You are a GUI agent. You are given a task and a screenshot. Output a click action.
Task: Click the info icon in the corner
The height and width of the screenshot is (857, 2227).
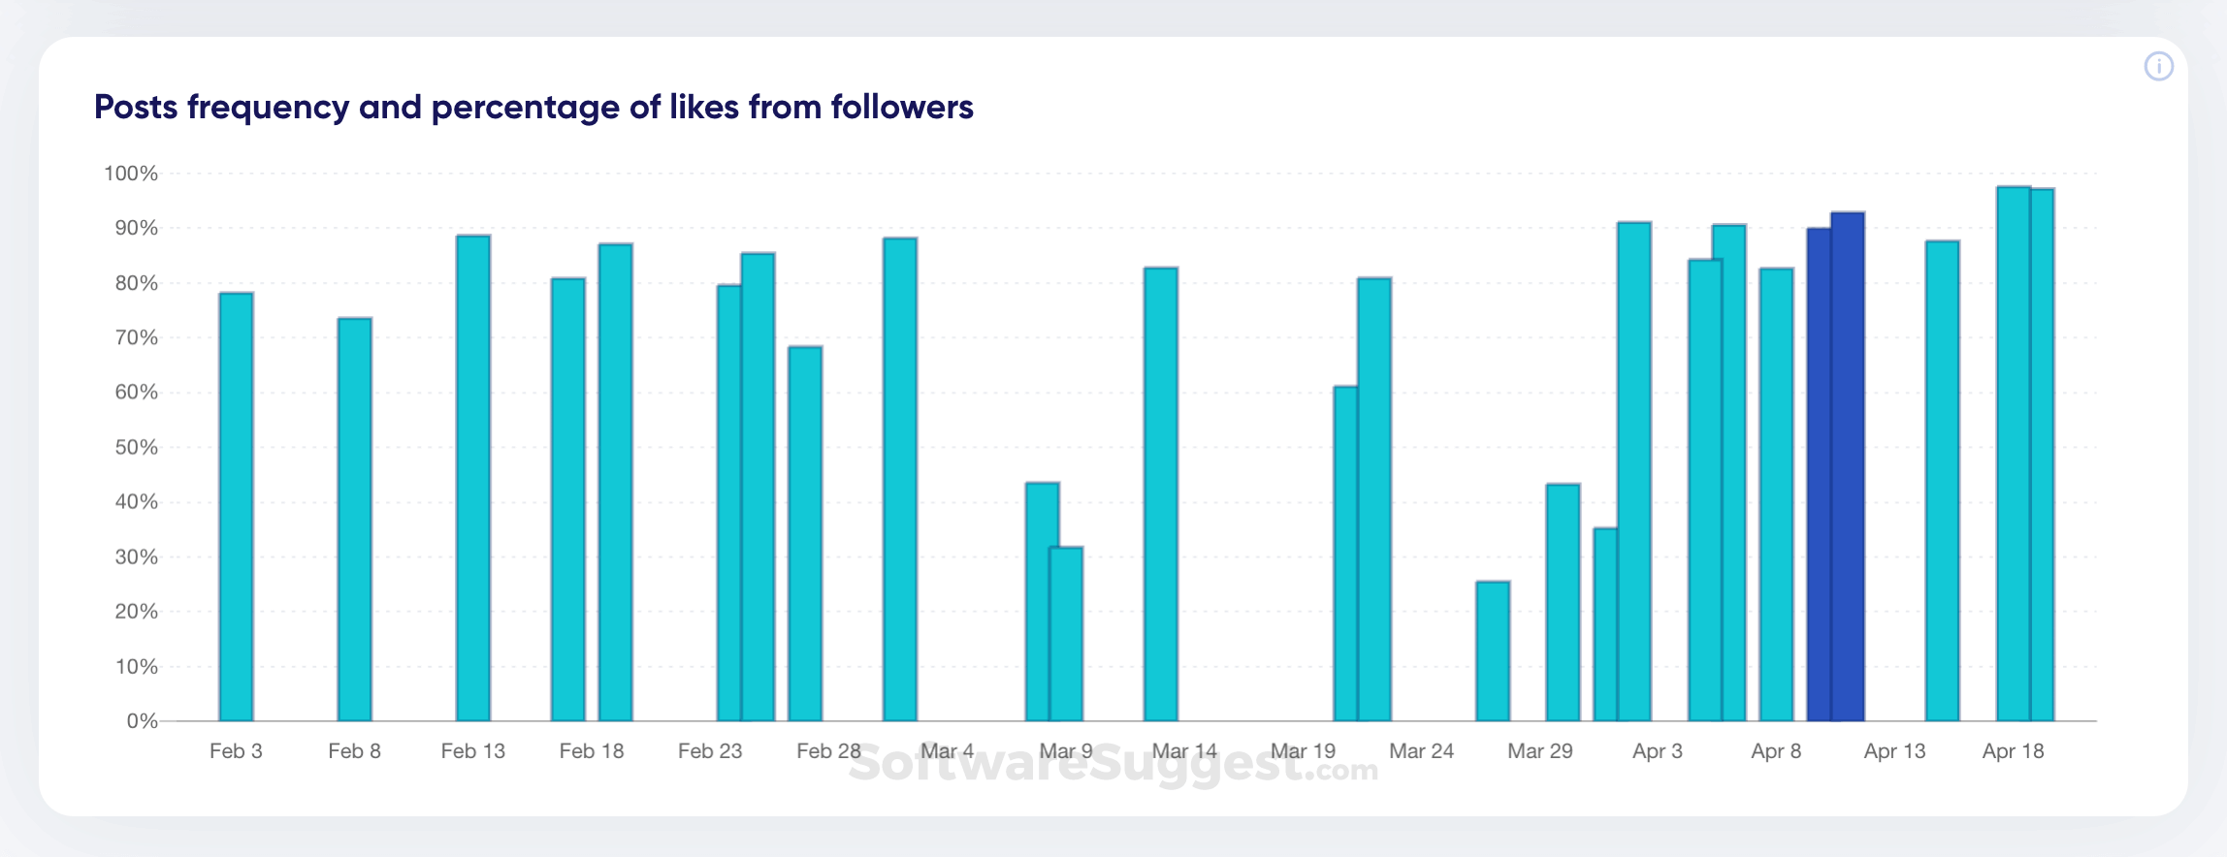coord(2158,67)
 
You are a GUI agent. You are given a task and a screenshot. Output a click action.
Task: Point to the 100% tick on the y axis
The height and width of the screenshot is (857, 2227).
coord(131,174)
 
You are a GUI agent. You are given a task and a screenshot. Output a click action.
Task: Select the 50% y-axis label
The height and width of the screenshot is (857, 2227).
coord(136,448)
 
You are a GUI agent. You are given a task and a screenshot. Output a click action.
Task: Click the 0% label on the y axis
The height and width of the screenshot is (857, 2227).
coord(142,721)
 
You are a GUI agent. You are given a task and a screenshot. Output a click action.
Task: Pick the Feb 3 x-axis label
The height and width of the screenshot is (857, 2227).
coord(236,751)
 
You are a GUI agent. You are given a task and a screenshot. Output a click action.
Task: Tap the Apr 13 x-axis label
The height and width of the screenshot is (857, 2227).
coord(1894,751)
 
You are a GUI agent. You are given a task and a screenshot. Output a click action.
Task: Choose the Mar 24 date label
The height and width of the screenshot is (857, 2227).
coord(1421,751)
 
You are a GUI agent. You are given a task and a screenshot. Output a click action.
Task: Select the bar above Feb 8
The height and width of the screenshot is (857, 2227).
coord(355,520)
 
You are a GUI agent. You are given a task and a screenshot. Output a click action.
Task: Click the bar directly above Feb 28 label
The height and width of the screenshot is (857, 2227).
coord(805,534)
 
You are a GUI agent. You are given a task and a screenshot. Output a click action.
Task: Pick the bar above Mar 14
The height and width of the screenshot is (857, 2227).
coord(1161,494)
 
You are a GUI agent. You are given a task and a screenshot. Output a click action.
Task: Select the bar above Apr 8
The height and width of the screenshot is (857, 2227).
coord(1777,494)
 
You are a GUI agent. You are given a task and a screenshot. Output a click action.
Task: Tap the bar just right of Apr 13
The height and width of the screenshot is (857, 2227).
coord(1942,481)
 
